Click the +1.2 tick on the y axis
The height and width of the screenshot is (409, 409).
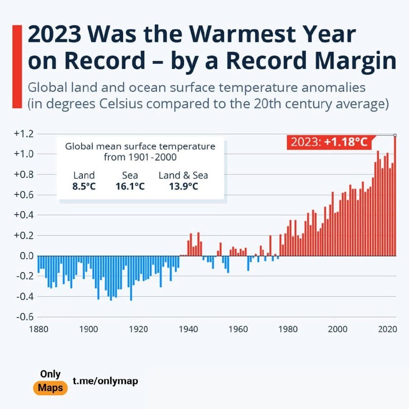point(23,134)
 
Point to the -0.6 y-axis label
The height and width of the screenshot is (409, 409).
point(23,317)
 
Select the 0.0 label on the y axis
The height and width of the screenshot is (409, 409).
point(25,256)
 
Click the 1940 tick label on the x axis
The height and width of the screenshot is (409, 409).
point(189,329)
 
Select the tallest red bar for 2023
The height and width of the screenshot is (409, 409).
point(394,194)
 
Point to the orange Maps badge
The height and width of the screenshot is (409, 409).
point(51,388)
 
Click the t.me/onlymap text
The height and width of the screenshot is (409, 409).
point(105,381)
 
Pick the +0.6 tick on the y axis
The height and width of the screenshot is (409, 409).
point(23,195)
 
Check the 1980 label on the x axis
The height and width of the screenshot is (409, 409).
point(288,329)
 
